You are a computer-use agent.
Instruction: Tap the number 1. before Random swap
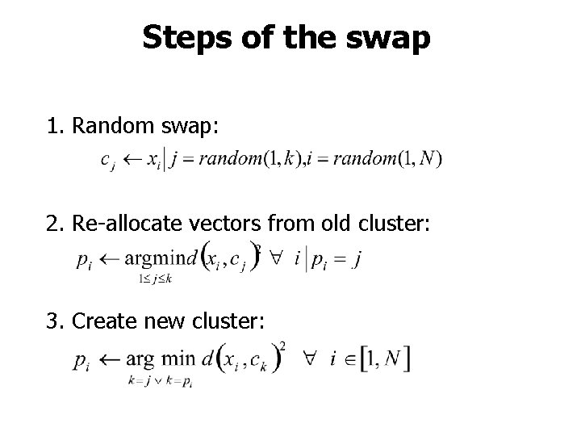click(x=56, y=126)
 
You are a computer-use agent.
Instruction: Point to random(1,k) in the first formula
click(x=252, y=158)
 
